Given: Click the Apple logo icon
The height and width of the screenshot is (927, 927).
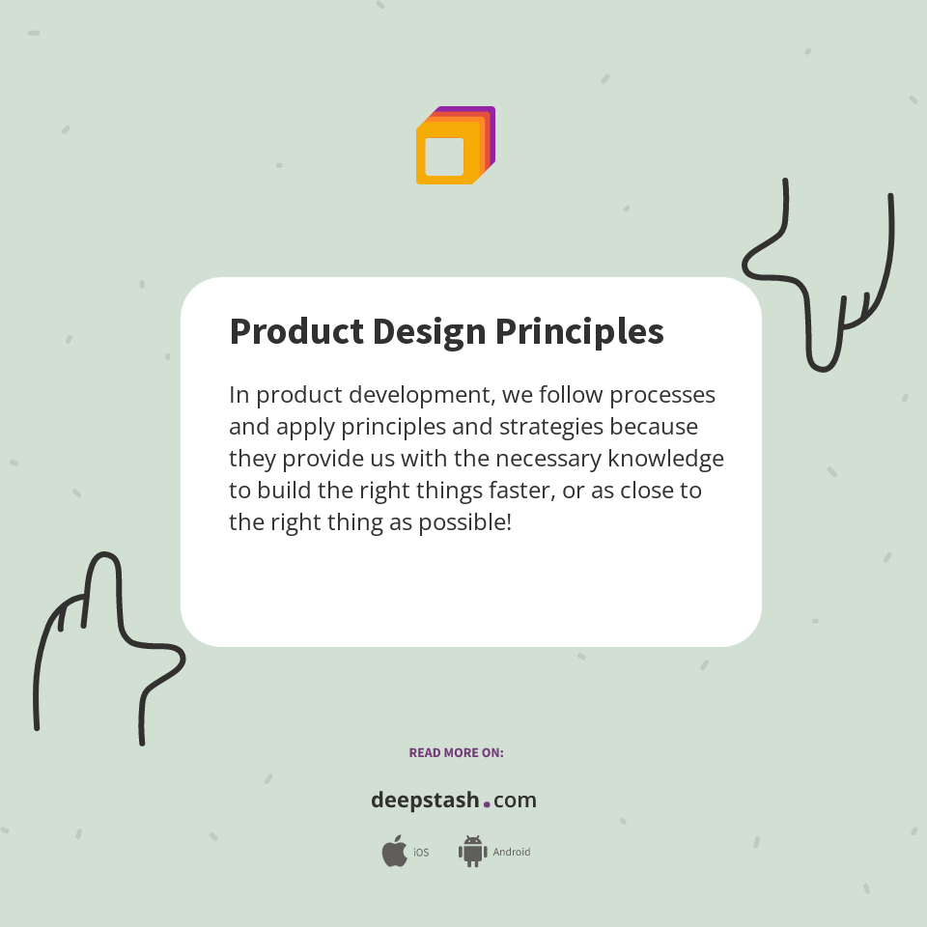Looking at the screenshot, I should [x=394, y=852].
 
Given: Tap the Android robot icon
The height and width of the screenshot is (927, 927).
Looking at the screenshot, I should [x=472, y=852].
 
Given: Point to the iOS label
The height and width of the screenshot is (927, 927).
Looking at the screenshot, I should [x=421, y=853].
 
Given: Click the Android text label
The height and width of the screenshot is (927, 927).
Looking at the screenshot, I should [x=512, y=853].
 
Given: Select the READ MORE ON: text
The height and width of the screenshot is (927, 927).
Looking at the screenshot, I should [x=456, y=752].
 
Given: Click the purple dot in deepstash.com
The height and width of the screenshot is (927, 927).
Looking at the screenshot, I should [x=487, y=803].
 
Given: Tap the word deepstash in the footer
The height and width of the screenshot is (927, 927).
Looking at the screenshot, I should [x=424, y=801].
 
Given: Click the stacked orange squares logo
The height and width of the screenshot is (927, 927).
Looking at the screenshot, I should [x=455, y=146].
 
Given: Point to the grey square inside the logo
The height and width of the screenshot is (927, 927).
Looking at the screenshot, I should [x=444, y=156].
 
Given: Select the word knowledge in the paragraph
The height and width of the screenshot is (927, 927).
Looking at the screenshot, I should [x=665, y=459].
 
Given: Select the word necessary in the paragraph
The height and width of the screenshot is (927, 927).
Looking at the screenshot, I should [x=547, y=459].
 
